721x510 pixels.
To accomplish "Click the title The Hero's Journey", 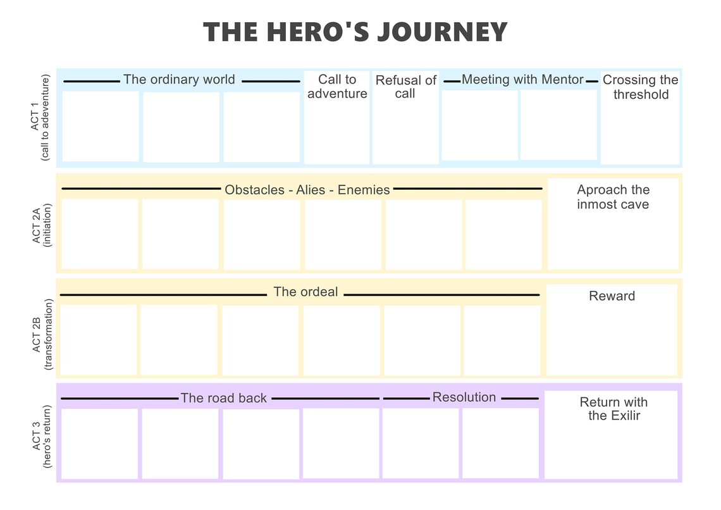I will pyautogui.click(x=355, y=32).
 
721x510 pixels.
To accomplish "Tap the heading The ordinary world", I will pyautogui.click(x=179, y=80).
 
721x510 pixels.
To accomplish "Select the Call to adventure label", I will pyautogui.click(x=337, y=87).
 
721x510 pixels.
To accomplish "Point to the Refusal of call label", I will pyautogui.click(x=405, y=87).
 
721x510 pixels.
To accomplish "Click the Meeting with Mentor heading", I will pyautogui.click(x=522, y=80).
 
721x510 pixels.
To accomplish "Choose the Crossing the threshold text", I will pyautogui.click(x=641, y=87).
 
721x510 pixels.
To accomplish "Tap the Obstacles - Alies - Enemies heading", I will pyautogui.click(x=307, y=190).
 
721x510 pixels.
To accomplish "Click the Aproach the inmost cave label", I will pyautogui.click(x=613, y=197).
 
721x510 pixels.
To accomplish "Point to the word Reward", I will pyautogui.click(x=612, y=296).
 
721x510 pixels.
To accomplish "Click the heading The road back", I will pyautogui.click(x=224, y=398).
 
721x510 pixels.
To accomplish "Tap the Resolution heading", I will pyautogui.click(x=464, y=397).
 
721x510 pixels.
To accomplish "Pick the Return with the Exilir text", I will pyautogui.click(x=613, y=409).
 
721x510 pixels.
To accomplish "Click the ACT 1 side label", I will pyautogui.click(x=39, y=118).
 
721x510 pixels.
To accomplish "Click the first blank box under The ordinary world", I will pyautogui.click(x=100, y=127).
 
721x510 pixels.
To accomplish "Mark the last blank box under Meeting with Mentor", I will pyautogui.click(x=558, y=125).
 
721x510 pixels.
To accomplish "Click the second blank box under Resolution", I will pyautogui.click(x=500, y=443).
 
